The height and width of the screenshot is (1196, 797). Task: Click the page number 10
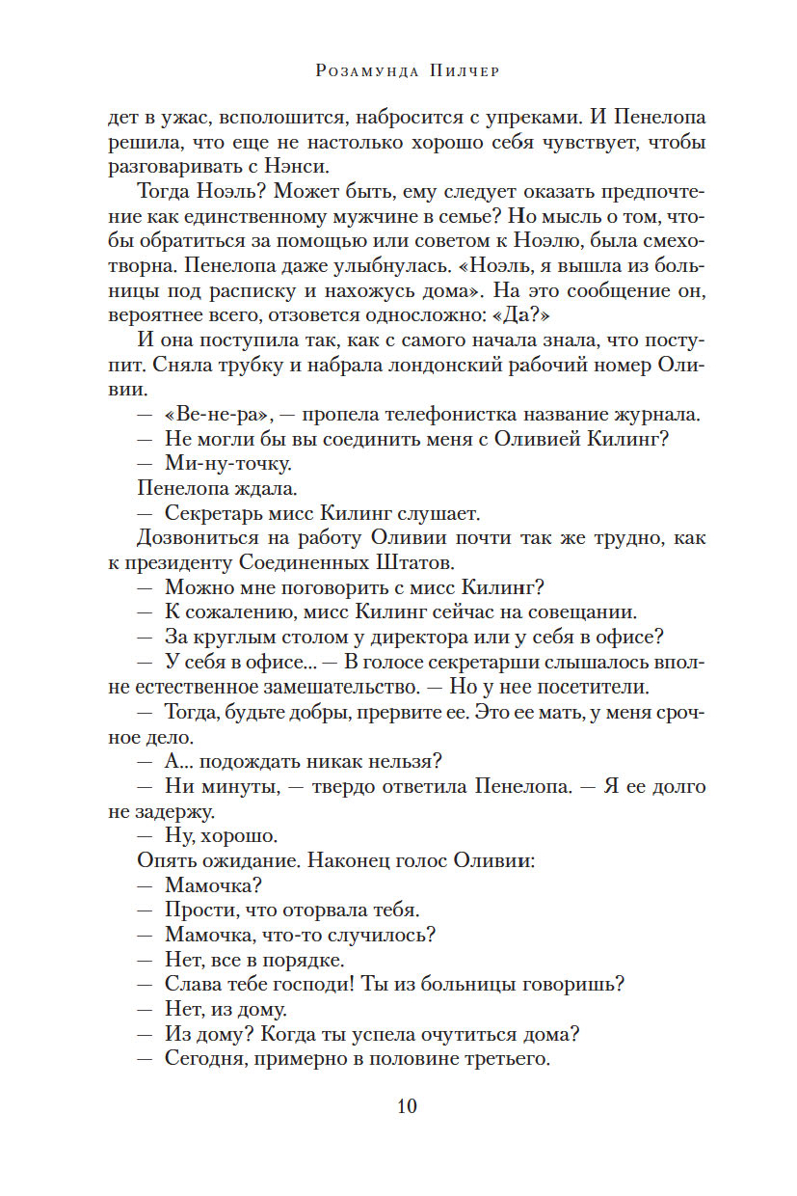(407, 1105)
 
